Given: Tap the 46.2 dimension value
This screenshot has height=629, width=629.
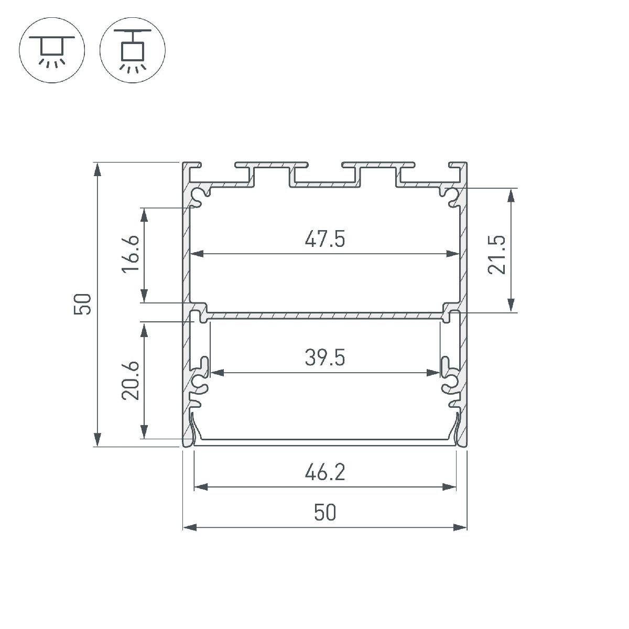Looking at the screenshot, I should coord(324,473).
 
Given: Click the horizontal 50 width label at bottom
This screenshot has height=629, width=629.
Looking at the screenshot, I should coord(324,513).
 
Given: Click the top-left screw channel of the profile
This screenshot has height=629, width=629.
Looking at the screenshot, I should coord(199,196).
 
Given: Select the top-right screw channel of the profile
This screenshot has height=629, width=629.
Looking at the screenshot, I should coord(450,195).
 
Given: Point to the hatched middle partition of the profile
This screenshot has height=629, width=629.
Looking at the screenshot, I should coord(324,316).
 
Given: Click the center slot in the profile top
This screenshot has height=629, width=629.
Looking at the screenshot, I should coord(325,176).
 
